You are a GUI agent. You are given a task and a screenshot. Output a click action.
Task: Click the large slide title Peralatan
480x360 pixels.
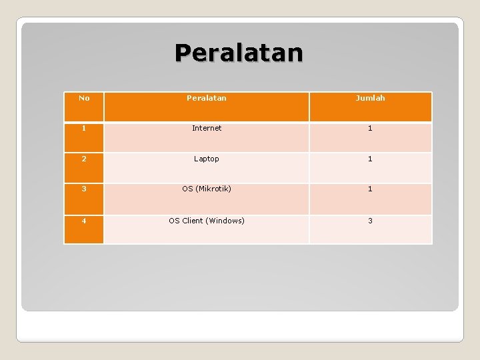[239, 52]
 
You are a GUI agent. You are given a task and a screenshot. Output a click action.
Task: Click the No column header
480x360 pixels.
[84, 98]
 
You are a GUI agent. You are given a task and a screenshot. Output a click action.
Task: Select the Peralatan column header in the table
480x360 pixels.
[206, 98]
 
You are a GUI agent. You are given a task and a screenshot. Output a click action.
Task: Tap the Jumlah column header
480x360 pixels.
[370, 98]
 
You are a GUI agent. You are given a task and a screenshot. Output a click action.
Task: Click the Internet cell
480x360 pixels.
[207, 128]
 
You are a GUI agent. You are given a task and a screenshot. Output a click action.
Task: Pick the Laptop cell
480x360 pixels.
[207, 159]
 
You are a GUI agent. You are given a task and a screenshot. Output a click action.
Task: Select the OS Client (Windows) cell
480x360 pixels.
[207, 221]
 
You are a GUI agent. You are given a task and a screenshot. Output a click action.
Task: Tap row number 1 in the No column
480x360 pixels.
[84, 127]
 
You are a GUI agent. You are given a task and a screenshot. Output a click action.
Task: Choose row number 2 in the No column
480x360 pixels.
[84, 159]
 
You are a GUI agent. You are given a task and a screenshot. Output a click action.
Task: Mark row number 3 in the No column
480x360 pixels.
[84, 189]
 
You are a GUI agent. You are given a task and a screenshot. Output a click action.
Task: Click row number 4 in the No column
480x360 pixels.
[84, 221]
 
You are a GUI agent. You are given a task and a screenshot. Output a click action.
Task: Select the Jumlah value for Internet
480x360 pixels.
[370, 128]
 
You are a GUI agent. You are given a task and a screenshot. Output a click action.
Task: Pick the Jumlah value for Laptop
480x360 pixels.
[370, 159]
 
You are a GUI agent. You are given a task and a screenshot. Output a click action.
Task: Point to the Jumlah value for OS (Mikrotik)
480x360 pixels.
[370, 189]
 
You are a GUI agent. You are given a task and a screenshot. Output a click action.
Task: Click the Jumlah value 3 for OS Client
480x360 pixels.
[370, 221]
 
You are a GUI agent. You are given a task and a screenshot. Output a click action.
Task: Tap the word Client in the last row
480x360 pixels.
[193, 221]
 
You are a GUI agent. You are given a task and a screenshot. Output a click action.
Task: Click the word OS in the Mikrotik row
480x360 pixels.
[187, 189]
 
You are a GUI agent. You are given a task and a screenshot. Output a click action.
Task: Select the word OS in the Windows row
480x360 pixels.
[174, 221]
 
